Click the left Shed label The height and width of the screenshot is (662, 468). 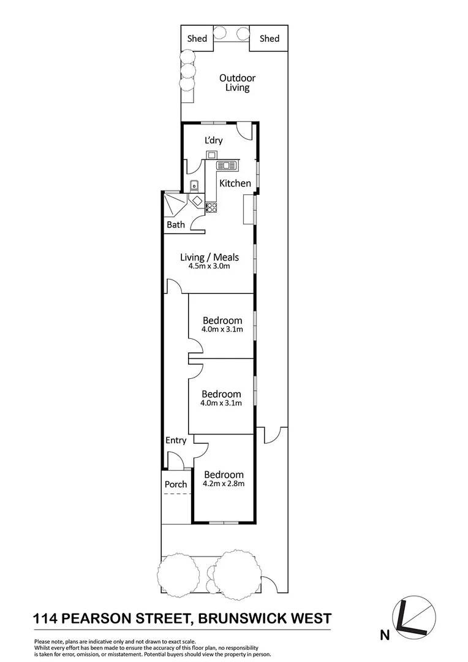[197, 39]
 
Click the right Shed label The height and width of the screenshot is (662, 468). [270, 39]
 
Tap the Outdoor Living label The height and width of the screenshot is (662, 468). [237, 83]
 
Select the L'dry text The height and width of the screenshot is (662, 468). [213, 140]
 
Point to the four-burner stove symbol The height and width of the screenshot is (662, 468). [211, 208]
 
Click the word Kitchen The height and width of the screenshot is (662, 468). [235, 183]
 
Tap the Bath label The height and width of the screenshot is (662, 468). [175, 225]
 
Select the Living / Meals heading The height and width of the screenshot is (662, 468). [209, 257]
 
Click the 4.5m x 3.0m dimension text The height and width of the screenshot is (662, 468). [209, 267]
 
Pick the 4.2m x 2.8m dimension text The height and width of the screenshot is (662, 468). [224, 484]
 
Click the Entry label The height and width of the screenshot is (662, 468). [176, 440]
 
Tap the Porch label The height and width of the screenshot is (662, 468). [176, 484]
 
